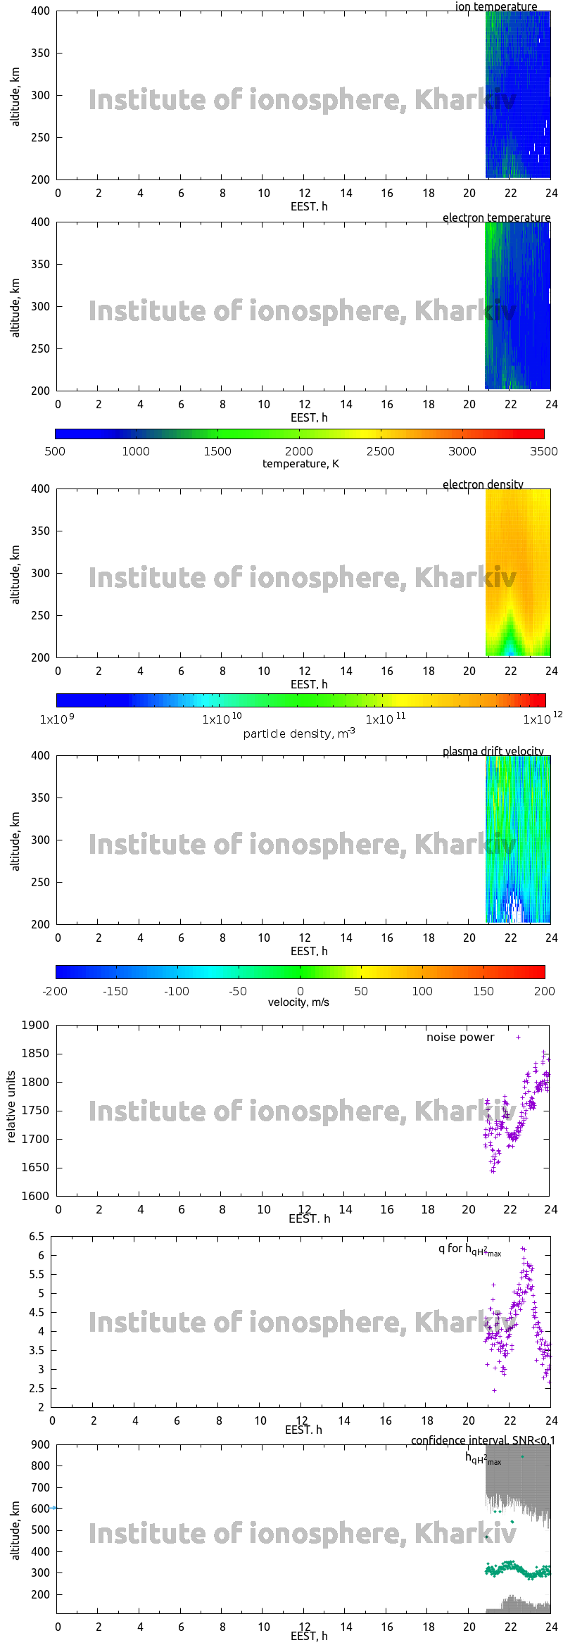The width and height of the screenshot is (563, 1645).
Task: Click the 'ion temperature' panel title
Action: pyautogui.click(x=495, y=6)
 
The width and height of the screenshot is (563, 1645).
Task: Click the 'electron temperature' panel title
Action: pyautogui.click(x=496, y=218)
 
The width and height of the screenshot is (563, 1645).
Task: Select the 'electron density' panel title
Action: pyautogui.click(x=483, y=484)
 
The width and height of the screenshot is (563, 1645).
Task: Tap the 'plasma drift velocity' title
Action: pyautogui.click(x=493, y=751)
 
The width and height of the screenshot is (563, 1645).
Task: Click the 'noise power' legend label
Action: pyautogui.click(x=460, y=1037)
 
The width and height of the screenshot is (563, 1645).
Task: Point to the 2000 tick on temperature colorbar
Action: pyautogui.click(x=299, y=451)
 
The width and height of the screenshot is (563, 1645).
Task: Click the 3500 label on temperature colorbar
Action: pyautogui.click(x=543, y=451)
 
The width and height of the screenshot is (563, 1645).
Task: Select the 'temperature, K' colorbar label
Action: pyautogui.click(x=301, y=464)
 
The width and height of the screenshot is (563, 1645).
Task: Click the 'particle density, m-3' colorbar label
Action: pyautogui.click(x=299, y=733)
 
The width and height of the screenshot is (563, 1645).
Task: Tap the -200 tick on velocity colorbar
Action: pyautogui.click(x=56, y=991)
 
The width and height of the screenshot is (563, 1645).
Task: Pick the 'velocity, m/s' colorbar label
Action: pyautogui.click(x=298, y=1002)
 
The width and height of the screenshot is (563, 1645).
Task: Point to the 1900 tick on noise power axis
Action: pyautogui.click(x=35, y=1025)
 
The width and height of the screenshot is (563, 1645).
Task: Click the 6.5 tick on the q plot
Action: pyautogui.click(x=37, y=1236)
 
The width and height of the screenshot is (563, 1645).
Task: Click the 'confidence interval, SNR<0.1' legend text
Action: pyautogui.click(x=483, y=1440)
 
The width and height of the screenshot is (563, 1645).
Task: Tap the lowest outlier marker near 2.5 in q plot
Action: pyautogui.click(x=494, y=1390)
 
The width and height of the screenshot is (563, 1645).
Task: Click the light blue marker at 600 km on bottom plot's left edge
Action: pyautogui.click(x=53, y=1508)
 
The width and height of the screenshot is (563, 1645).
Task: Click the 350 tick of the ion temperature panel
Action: pyautogui.click(x=41, y=53)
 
